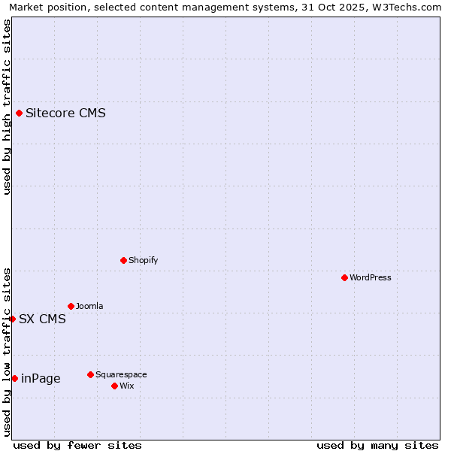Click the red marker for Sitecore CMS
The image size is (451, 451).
pos(20,114)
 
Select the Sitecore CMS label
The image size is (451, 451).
pos(65,114)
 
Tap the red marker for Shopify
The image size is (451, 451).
pos(123,260)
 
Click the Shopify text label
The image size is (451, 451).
pos(143,260)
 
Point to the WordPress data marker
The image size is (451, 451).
pos(344,277)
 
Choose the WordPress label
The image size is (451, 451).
pos(370,277)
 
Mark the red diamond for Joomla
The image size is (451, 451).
pos(71,306)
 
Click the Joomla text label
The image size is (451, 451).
pos(89,306)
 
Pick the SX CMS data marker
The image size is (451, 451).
pos(12,319)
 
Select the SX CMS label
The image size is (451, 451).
pos(42,319)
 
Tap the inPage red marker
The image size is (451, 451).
pos(14,378)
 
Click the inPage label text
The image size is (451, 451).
pos(41,378)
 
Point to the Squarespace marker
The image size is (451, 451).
pos(90,374)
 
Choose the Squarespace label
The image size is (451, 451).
pos(121,374)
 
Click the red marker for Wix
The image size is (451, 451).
pos(114,386)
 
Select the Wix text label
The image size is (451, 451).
pos(126,386)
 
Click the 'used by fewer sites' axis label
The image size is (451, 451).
pos(77,445)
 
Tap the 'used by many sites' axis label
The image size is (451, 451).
pos(377,445)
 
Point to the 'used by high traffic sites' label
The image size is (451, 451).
pos(7,107)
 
